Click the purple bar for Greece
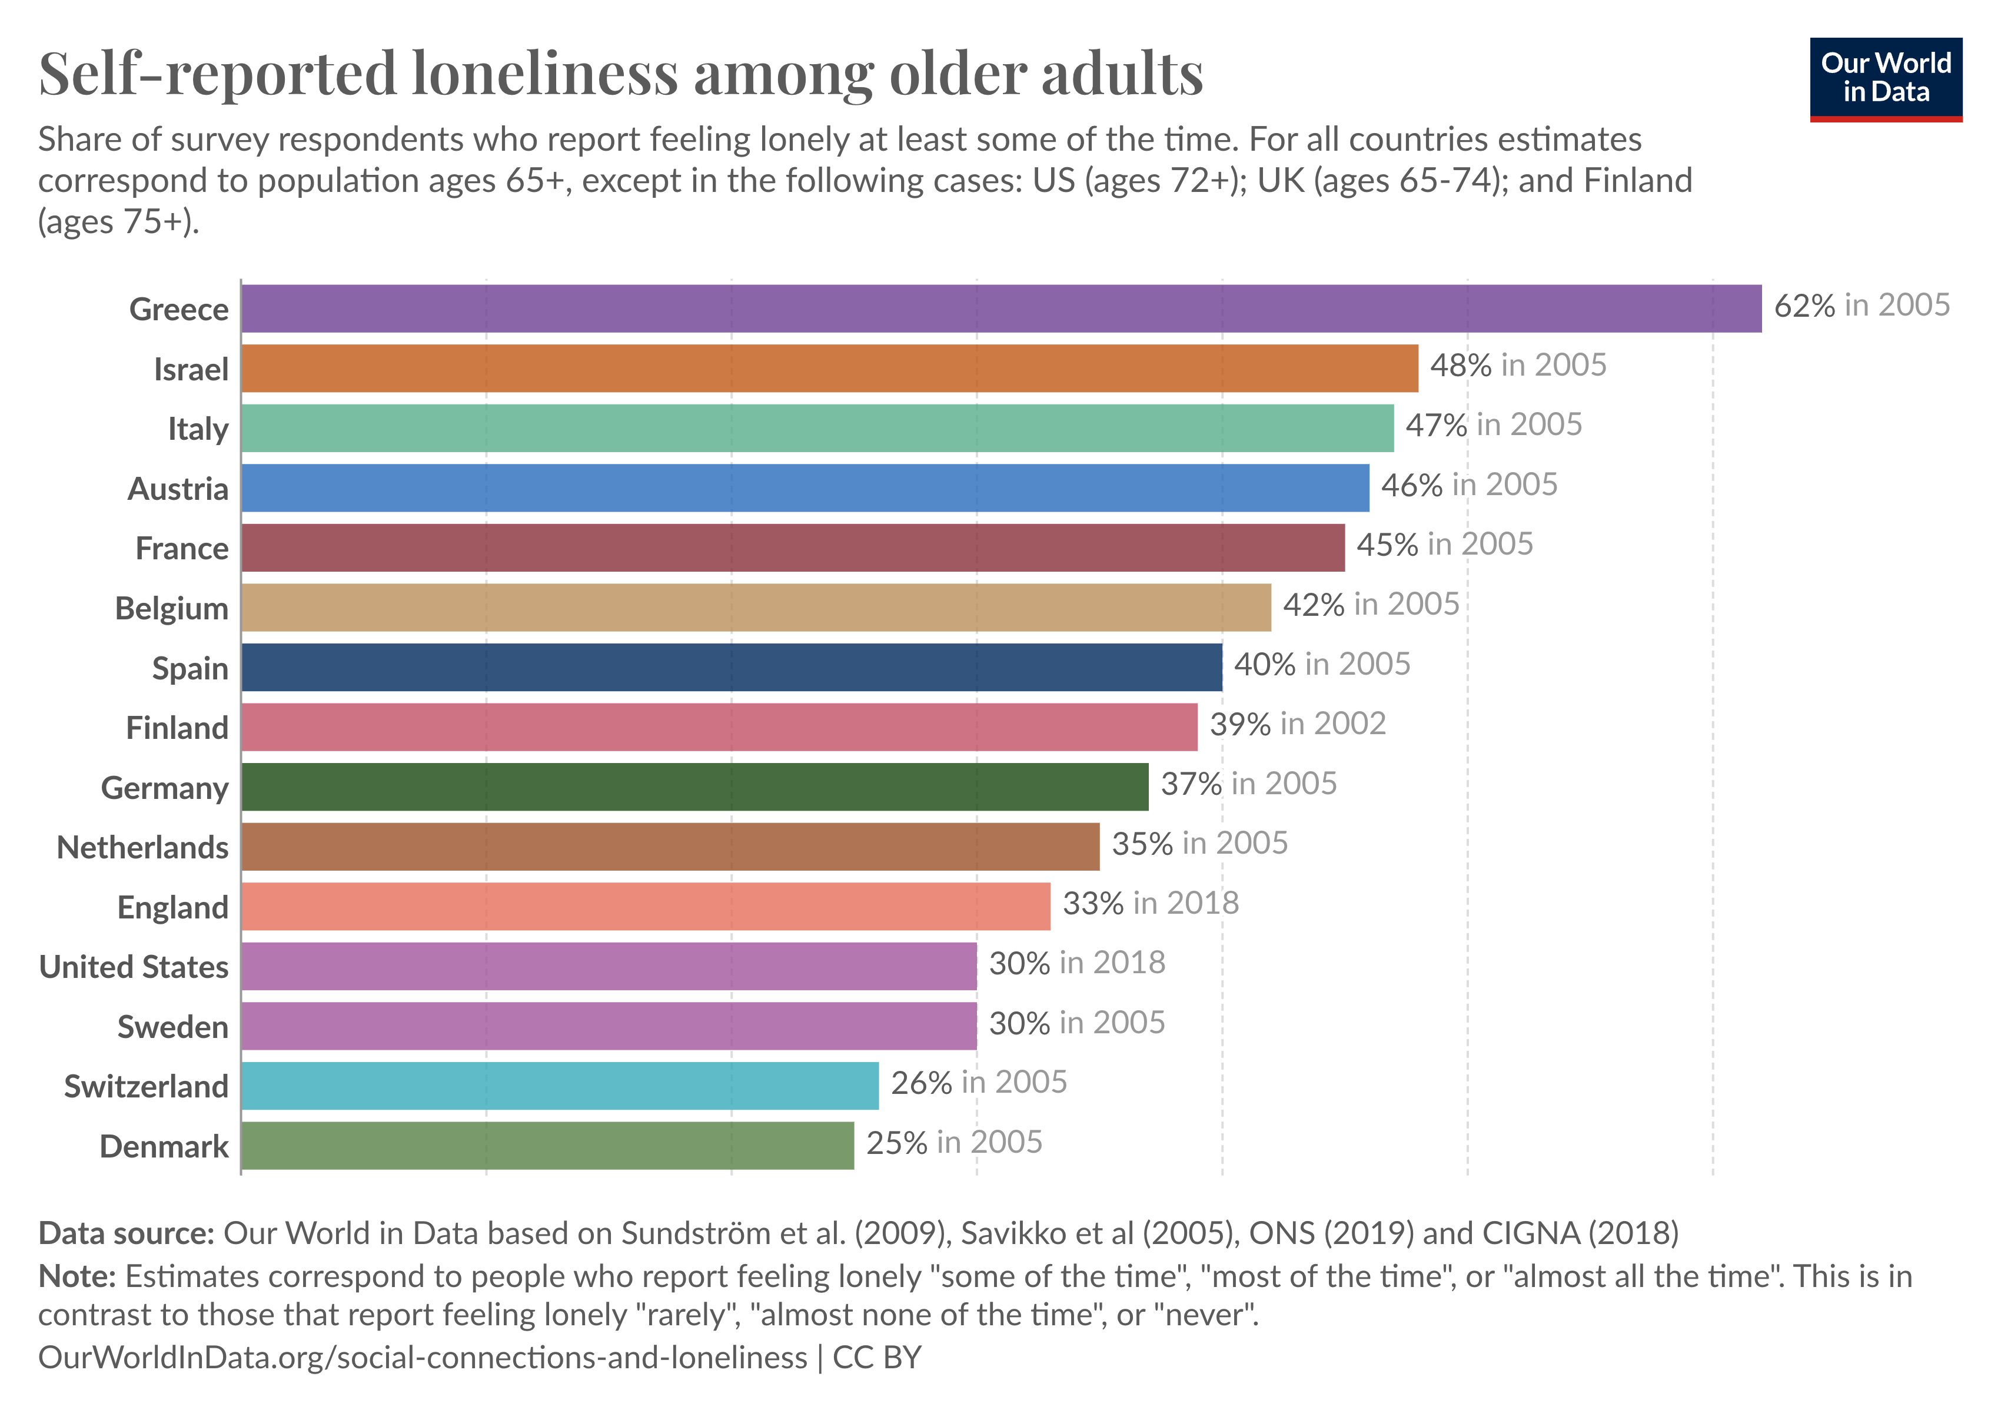1000,309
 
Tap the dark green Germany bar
694,787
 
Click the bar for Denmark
547,1145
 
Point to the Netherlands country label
143,847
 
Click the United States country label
134,967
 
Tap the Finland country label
177,728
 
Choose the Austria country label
178,489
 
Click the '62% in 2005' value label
1862,305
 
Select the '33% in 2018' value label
1151,903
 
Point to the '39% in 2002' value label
1297,724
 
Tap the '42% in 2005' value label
1370,604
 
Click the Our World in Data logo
1885,78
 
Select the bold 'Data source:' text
127,1233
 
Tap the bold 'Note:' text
77,1276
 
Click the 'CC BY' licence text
877,1357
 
